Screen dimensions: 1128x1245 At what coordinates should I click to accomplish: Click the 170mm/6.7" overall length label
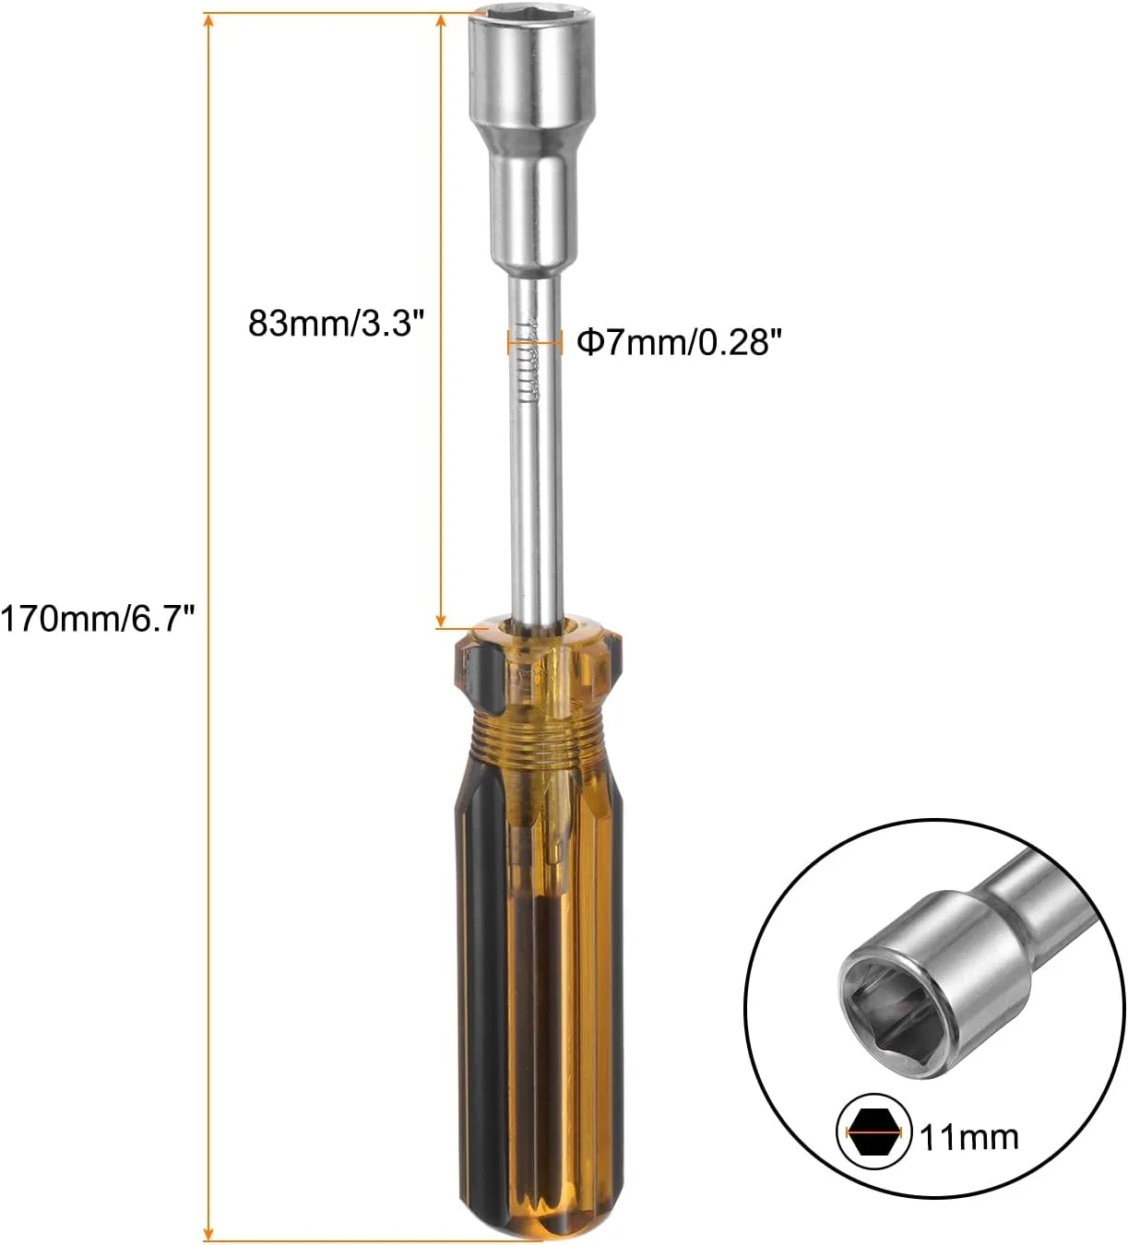point(98,620)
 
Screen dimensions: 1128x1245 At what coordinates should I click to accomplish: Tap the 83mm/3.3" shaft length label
point(336,324)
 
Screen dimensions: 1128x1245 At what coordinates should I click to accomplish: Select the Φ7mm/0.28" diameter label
point(679,342)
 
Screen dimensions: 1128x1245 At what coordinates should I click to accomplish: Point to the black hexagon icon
point(874,1132)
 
